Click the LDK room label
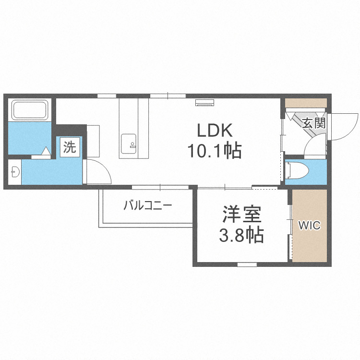click(x=215, y=130)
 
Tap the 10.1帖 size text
click(x=215, y=150)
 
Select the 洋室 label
click(x=242, y=215)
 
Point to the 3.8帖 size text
click(x=241, y=235)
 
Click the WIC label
click(x=309, y=225)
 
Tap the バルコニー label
click(x=148, y=205)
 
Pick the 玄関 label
click(x=314, y=123)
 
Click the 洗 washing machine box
click(x=70, y=147)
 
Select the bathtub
click(x=30, y=110)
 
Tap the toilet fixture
click(x=297, y=170)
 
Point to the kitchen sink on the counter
click(x=129, y=144)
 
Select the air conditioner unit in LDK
click(x=204, y=103)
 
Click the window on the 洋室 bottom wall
click(x=247, y=264)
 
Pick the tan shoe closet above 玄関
click(x=306, y=103)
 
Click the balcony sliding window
click(x=160, y=187)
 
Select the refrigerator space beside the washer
click(x=93, y=141)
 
